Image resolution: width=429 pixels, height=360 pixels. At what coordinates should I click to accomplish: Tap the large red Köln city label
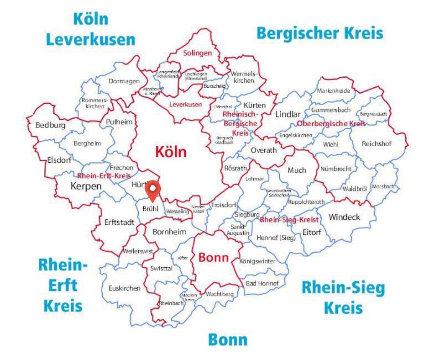click(171, 152)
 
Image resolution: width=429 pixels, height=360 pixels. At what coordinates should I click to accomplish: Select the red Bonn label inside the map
click(213, 258)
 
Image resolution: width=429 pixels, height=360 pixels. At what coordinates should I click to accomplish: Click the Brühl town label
click(150, 208)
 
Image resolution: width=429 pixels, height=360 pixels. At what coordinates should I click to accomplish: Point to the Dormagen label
click(124, 81)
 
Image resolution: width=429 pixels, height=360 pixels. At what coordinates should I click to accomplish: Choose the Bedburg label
click(50, 125)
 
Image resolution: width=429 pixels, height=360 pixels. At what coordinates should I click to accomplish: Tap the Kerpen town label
click(86, 186)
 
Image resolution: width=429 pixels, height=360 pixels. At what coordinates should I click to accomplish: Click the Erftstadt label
click(119, 223)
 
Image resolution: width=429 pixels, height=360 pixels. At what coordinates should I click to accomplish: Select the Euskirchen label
click(125, 288)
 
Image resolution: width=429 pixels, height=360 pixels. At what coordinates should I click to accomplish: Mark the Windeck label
click(344, 217)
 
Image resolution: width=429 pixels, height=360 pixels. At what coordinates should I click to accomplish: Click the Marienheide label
click(334, 90)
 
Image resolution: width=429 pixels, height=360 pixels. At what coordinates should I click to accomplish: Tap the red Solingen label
click(198, 53)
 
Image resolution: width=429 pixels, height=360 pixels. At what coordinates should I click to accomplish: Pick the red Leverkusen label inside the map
click(185, 105)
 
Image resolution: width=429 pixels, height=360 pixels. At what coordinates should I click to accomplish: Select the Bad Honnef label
click(262, 283)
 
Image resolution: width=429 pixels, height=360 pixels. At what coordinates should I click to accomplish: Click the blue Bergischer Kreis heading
click(319, 33)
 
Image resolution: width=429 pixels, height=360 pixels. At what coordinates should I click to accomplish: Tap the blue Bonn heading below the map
click(228, 340)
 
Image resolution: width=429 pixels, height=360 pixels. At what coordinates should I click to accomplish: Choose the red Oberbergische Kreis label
click(331, 124)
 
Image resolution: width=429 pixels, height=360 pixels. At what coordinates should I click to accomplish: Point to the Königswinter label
click(257, 261)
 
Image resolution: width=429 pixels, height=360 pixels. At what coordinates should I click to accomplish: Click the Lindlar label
click(288, 114)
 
